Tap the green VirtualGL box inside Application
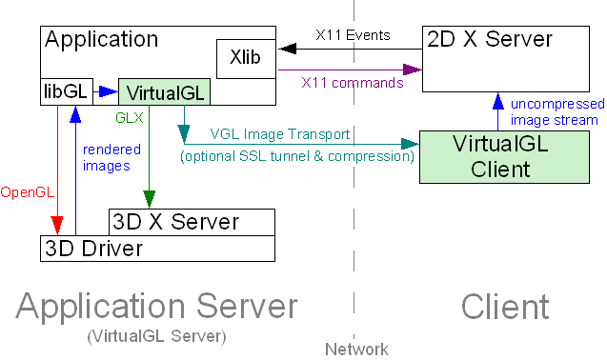164,92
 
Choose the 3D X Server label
176,222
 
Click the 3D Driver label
93,249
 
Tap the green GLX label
130,118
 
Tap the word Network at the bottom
355,350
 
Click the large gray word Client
505,307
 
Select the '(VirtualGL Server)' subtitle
156,337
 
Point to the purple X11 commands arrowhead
413,69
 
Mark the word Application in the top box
102,39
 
